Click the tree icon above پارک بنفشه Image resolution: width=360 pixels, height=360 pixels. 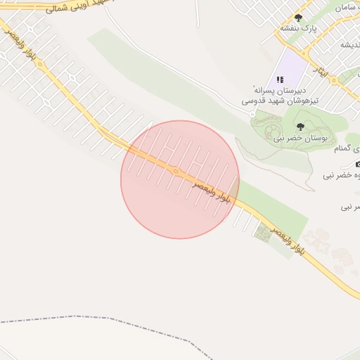[298, 18]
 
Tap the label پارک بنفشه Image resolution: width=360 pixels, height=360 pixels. [299, 29]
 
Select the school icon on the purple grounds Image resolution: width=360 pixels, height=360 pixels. [280, 79]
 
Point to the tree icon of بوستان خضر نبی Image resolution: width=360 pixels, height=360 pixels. [300, 127]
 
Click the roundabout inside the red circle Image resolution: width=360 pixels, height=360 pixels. [175, 170]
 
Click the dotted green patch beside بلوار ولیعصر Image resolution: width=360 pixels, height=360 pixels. [263, 232]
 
